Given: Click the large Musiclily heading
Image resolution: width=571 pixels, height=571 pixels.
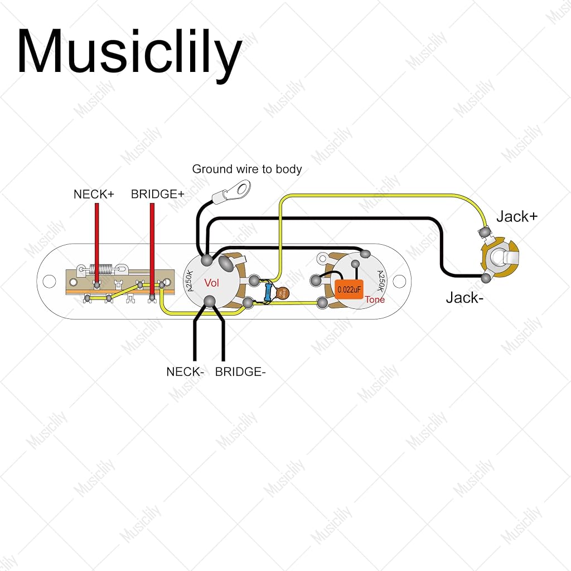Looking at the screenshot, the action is tap(129, 54).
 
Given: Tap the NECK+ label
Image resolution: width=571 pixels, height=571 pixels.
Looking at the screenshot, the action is tap(94, 194).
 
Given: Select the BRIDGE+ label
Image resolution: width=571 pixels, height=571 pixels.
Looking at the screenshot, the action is tap(158, 194).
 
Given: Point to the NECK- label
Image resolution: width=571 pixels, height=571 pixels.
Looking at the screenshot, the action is tap(185, 372).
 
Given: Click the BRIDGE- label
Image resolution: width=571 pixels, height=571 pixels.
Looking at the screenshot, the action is tap(240, 372).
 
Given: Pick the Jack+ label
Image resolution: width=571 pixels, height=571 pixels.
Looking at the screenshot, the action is tap(517, 216).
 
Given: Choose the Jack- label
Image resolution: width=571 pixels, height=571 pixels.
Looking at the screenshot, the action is tap(464, 298).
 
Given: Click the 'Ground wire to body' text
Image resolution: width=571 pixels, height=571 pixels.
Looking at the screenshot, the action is tap(247, 169).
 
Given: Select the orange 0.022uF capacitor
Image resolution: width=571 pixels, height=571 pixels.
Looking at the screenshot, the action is tap(349, 289).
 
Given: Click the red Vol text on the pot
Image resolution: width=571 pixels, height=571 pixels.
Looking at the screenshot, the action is tap(211, 283).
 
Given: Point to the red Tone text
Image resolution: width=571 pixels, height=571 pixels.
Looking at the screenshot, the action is tap(375, 299).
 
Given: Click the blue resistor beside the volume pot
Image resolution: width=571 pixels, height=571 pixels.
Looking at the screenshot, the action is tap(268, 293).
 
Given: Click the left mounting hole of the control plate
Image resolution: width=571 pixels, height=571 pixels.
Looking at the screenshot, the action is tap(49, 281).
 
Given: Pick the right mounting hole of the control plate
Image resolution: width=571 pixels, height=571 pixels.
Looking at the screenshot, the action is tap(399, 281).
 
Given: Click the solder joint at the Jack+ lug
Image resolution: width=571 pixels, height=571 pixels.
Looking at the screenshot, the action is tap(485, 232).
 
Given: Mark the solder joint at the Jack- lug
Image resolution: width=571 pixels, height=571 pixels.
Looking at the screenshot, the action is tap(486, 278).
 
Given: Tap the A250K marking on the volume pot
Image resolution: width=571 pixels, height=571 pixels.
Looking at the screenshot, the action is tap(190, 282).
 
